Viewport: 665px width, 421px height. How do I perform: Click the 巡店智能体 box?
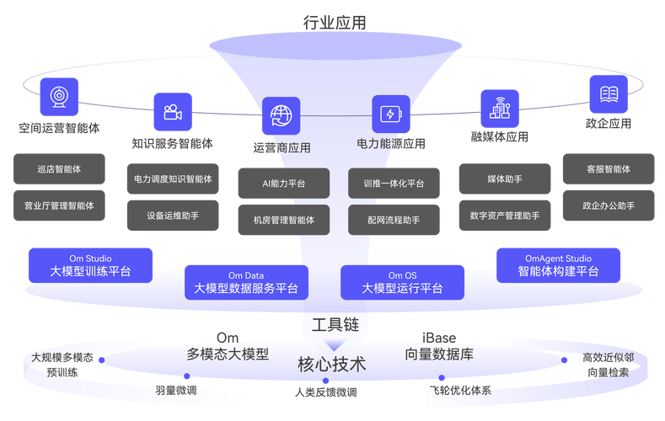coord(59,169)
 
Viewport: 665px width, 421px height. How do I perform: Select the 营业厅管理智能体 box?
coord(59,205)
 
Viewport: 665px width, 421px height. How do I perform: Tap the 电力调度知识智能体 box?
coord(173,179)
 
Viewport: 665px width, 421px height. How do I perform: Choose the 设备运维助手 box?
coord(173,215)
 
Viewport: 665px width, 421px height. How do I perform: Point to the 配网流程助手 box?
coord(394,220)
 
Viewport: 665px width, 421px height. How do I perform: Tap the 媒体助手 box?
coord(504,179)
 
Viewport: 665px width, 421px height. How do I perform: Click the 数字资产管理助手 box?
coord(504,216)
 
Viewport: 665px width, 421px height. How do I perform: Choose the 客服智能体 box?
coord(608,169)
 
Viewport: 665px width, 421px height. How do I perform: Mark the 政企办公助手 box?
coord(608,205)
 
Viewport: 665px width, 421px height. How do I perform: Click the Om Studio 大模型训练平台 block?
coord(90,265)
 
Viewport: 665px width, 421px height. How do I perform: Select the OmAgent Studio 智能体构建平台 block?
coord(558,265)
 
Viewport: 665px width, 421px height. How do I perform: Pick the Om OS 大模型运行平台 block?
coord(402,282)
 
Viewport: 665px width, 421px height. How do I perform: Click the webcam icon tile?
coord(59,97)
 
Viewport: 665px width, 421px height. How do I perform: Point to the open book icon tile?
coord(608,93)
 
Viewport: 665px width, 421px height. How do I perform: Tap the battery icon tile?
coord(391,115)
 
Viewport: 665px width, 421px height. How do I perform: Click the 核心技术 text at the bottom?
coord(331,365)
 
